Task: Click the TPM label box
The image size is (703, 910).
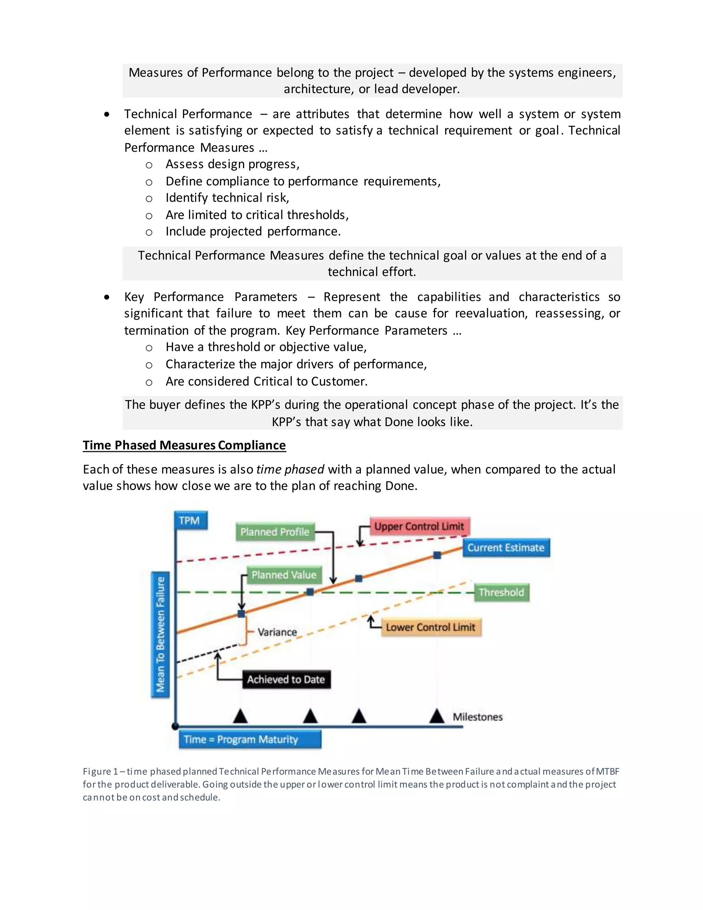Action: point(190,520)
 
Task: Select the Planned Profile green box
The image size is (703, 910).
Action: point(275,532)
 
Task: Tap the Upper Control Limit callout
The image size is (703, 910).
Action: point(419,526)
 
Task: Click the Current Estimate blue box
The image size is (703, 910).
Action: point(506,547)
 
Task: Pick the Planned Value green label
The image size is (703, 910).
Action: point(284,575)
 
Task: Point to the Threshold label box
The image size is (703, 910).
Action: point(502,592)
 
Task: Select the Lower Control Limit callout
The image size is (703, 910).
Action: point(431,627)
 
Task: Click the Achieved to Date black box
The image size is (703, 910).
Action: point(286,679)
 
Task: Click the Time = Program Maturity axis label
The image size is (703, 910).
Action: point(250,739)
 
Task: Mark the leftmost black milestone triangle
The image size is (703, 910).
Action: point(240,716)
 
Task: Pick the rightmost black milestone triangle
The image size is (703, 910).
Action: point(437,716)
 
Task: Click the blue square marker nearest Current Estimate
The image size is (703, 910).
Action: point(437,555)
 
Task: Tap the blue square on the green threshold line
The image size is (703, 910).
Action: point(310,592)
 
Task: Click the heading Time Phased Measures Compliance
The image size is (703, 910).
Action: point(184,445)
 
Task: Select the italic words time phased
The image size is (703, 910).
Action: point(290,469)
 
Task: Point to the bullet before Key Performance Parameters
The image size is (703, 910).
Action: point(107,297)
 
